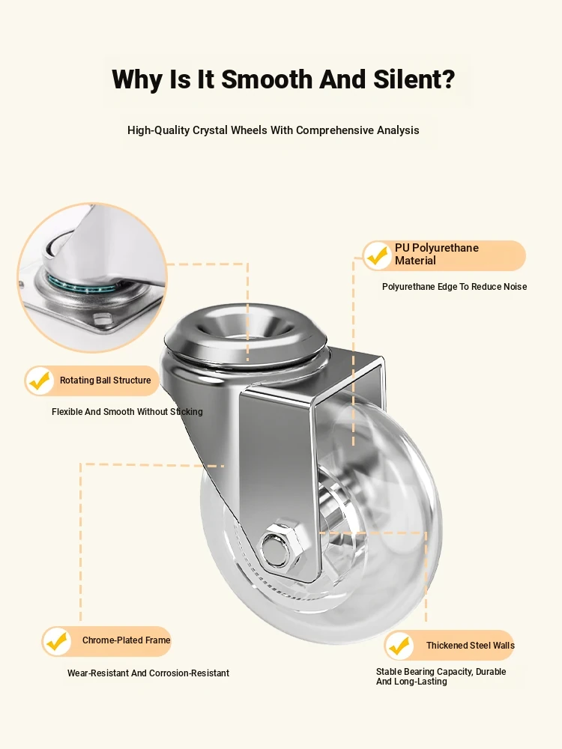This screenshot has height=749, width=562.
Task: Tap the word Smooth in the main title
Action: point(267,79)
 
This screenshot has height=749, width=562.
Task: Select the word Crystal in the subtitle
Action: point(211,130)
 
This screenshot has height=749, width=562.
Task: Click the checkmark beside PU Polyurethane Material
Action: point(378,255)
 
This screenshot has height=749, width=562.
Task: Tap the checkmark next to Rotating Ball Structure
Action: point(39,380)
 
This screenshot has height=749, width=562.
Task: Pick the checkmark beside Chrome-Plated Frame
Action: point(56,641)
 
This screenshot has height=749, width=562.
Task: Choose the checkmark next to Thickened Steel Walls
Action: point(399,646)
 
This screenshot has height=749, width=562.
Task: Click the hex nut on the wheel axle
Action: point(281,548)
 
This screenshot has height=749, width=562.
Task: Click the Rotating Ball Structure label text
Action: point(105,380)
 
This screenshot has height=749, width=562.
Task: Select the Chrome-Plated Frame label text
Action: point(126,640)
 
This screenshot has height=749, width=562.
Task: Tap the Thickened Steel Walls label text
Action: point(471,646)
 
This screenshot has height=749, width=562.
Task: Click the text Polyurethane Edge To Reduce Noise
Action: point(455,287)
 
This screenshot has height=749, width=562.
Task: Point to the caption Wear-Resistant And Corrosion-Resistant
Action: point(148,673)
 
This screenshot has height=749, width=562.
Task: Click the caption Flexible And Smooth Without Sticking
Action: point(127,412)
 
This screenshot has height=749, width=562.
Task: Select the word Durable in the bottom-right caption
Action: point(491,672)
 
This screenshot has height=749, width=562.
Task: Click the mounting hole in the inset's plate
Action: point(101,319)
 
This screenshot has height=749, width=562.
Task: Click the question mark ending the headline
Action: point(449,79)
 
